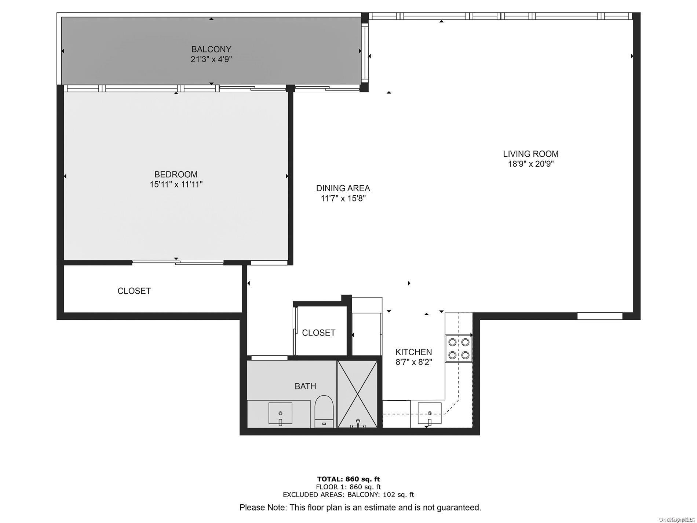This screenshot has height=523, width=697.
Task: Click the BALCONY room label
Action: (211, 49)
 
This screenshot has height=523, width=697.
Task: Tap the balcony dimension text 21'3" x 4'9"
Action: (211, 59)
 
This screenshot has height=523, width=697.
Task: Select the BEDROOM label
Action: (176, 174)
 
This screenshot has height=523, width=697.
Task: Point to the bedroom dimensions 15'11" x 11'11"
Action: (176, 184)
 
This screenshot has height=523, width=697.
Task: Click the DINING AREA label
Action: (343, 188)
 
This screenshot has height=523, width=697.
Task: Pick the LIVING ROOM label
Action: (530, 154)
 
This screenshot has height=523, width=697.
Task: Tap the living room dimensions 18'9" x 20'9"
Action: (530, 164)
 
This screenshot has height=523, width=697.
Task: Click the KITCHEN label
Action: (413, 352)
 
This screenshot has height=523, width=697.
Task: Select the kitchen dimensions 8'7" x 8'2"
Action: (413, 362)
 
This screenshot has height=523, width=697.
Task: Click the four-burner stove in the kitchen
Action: (459, 348)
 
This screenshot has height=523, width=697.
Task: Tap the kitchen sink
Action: (429, 413)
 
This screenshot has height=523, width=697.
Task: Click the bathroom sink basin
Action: (280, 413)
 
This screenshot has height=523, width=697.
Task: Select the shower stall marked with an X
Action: (357, 394)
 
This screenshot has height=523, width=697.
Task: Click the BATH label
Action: (305, 386)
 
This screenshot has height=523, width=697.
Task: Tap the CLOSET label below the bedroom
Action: (134, 291)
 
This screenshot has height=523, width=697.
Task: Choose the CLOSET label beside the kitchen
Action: (318, 333)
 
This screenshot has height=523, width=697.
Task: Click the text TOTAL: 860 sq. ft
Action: (348, 479)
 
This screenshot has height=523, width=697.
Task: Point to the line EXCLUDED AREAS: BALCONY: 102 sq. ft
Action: (348, 495)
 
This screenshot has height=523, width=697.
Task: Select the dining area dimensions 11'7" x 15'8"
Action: (343, 199)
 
